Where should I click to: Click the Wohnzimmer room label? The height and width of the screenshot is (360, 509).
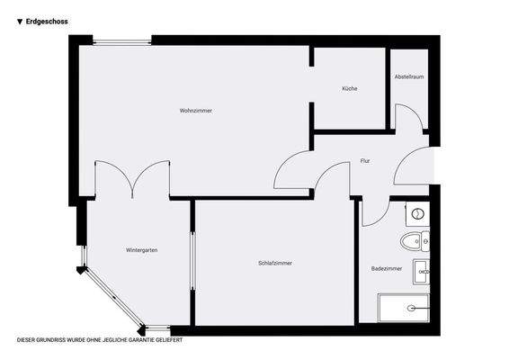[195, 111]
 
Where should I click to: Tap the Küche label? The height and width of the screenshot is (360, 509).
[350, 88]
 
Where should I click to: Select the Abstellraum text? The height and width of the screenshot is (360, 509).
[408, 77]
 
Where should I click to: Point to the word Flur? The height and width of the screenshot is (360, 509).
[365, 161]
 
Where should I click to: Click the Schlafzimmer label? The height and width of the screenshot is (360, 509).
[274, 263]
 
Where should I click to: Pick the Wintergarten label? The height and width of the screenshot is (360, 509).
[142, 249]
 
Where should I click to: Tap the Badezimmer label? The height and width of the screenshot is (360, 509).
[386, 268]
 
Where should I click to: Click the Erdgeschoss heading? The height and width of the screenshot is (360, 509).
[48, 21]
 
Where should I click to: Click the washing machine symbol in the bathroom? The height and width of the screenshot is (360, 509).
[418, 214]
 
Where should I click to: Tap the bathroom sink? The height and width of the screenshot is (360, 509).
[421, 270]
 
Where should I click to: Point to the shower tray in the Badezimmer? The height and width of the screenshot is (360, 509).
[404, 309]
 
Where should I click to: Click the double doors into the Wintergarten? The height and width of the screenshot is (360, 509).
[132, 178]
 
